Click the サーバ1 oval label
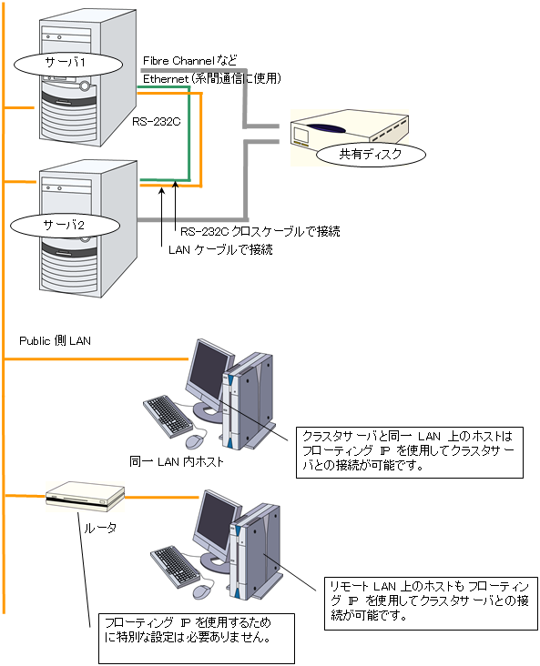pyautogui.click(x=68, y=64)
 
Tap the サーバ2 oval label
pyautogui.click(x=65, y=226)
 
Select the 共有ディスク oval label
pyautogui.click(x=371, y=154)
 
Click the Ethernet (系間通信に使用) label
pyautogui.click(x=212, y=78)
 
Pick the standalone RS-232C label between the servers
pyautogui.click(x=156, y=122)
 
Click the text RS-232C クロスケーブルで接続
pyautogui.click(x=260, y=231)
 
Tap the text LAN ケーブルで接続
pyautogui.click(x=220, y=249)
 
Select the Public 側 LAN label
pyautogui.click(x=55, y=341)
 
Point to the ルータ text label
pyautogui.click(x=100, y=528)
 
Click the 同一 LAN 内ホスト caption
pyautogui.click(x=176, y=461)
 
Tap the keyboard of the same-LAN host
pyautogui.click(x=168, y=417)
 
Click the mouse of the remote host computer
pyautogui.click(x=202, y=591)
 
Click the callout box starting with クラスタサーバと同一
pyautogui.click(x=410, y=453)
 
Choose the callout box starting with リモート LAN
pyautogui.click(x=431, y=603)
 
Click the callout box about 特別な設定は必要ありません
pyautogui.click(x=197, y=639)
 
